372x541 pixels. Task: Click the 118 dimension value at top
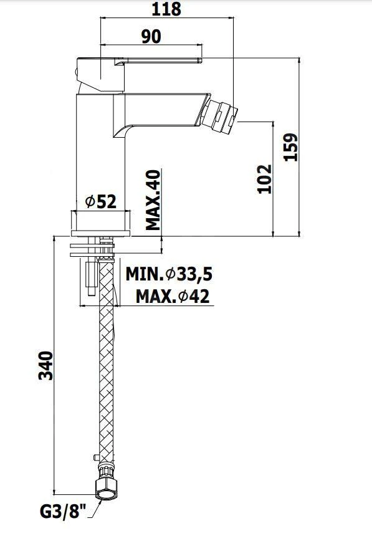pyautogui.click(x=166, y=9)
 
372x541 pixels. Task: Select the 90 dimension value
pyautogui.click(x=151, y=37)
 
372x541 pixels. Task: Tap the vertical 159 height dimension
pyautogui.click(x=290, y=146)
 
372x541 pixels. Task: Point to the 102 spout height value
pyautogui.click(x=265, y=179)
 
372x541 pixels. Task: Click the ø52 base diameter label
pyautogui.click(x=101, y=201)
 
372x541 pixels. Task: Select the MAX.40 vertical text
pyautogui.click(x=153, y=200)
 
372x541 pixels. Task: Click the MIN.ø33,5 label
pyautogui.click(x=169, y=274)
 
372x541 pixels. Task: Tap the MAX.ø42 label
pyautogui.click(x=173, y=296)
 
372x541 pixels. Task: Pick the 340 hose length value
pyautogui.click(x=45, y=366)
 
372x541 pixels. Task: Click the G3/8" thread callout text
pyautogui.click(x=63, y=512)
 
